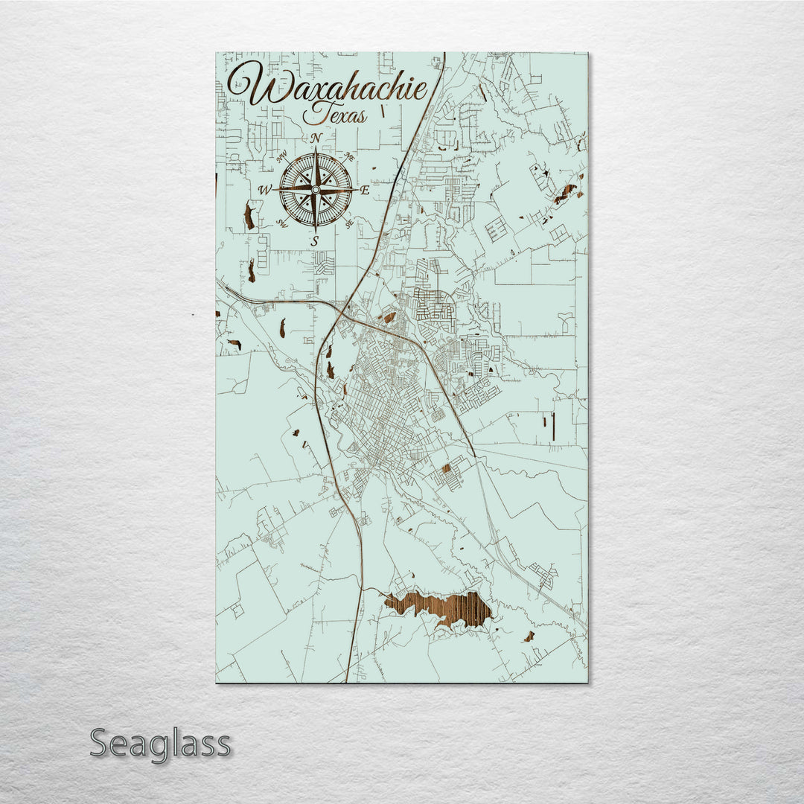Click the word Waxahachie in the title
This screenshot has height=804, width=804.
(328, 88)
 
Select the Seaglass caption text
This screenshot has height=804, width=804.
(160, 743)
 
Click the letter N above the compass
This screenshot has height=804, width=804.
(316, 138)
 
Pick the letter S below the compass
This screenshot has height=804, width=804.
(315, 240)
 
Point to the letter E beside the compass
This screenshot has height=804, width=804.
(365, 190)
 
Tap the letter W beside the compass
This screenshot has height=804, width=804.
(264, 191)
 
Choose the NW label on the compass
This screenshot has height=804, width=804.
(281, 157)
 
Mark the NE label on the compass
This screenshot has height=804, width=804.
(348, 156)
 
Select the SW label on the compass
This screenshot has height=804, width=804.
(281, 223)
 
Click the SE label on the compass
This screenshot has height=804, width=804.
(348, 223)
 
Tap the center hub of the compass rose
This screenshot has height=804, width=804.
(315, 190)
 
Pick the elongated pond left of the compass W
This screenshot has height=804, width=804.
(248, 215)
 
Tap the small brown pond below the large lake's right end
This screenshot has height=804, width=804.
(529, 636)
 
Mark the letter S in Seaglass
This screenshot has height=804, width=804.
(100, 743)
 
